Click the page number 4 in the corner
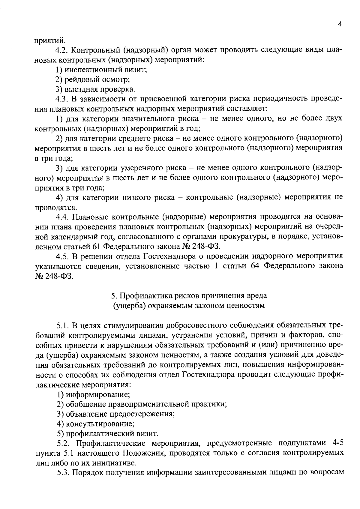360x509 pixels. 340,25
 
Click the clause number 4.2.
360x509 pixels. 62,50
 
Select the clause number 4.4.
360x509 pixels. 62,217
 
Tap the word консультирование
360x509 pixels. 100,424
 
